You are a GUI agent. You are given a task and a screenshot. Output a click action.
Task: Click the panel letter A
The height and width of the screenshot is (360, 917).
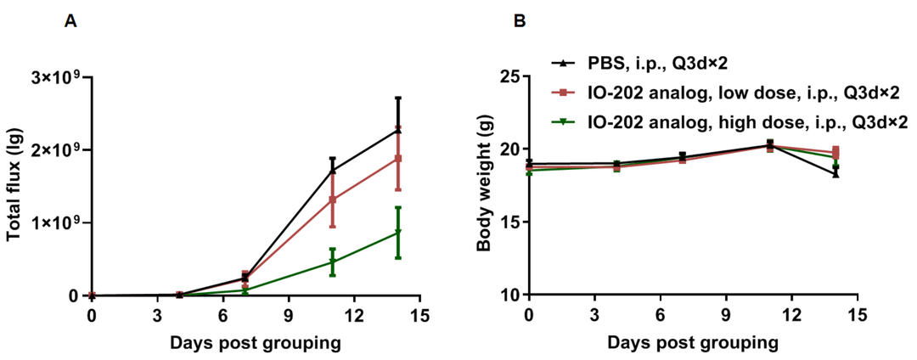click(70, 21)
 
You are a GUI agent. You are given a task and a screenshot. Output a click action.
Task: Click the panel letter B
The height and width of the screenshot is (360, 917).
click(519, 21)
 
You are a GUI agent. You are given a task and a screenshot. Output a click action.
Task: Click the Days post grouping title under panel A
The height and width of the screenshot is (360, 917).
click(256, 342)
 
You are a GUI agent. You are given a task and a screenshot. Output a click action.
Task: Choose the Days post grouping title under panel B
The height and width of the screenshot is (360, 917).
click(693, 342)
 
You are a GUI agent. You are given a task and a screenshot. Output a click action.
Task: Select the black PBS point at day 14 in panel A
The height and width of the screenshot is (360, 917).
click(398, 129)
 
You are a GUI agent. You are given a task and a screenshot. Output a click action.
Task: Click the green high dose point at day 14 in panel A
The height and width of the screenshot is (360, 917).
click(398, 233)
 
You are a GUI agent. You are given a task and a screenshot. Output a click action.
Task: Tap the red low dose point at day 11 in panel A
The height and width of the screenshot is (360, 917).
click(333, 200)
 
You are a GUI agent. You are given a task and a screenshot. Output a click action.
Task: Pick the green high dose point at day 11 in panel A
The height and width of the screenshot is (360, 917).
click(333, 262)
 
